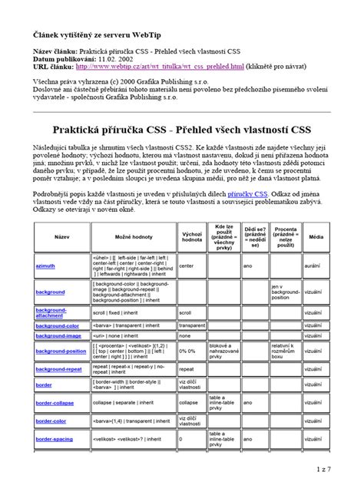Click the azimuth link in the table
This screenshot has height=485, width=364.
click(x=45, y=265)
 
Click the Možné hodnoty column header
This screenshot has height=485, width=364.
click(x=133, y=237)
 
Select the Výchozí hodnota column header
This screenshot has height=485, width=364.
click(x=191, y=237)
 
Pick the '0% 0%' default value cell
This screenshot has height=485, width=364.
click(x=187, y=351)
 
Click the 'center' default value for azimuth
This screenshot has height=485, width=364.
click(x=187, y=265)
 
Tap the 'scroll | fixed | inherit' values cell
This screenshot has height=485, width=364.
click(x=115, y=313)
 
